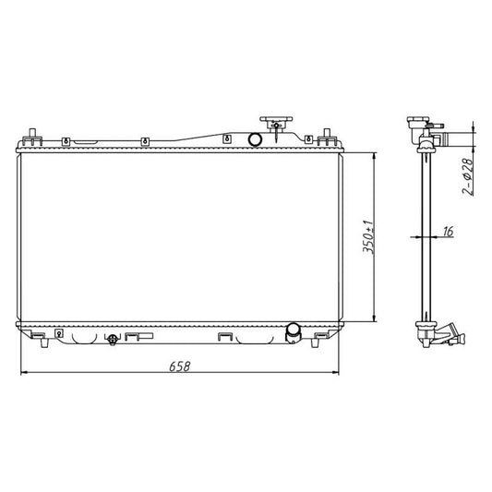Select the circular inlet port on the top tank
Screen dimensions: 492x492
point(253,139)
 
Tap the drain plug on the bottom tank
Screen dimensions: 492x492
point(113,340)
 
